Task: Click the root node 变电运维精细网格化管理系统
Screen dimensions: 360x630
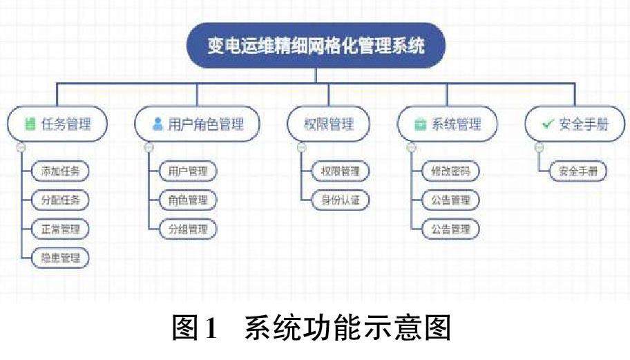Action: pos(316,46)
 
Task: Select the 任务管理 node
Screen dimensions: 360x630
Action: pos(59,124)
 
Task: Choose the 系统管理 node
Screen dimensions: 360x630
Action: pos(447,124)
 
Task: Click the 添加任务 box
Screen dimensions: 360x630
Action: pos(61,171)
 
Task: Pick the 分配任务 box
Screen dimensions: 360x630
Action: pos(61,200)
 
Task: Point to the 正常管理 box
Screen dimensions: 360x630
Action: pos(61,229)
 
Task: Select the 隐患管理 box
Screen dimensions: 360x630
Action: pos(61,258)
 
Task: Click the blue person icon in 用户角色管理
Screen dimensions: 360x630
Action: pos(157,124)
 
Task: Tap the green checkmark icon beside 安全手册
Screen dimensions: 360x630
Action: pos(547,124)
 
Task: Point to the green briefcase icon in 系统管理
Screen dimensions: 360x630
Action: pos(419,125)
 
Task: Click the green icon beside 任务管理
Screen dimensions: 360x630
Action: pos(30,125)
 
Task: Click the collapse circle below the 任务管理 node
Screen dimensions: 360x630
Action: pos(21,147)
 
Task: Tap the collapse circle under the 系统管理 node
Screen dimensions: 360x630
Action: pos(411,147)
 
